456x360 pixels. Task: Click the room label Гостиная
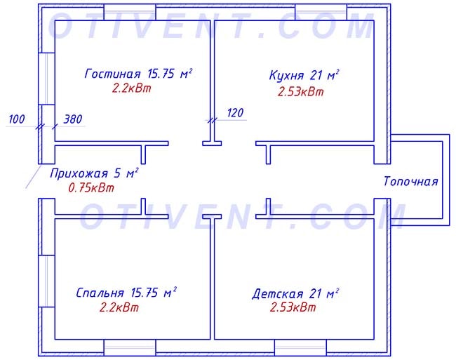112,74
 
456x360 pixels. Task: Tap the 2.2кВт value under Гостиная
132,88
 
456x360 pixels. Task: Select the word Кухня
286,75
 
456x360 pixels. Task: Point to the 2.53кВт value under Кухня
301,92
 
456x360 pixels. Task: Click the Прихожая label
79,173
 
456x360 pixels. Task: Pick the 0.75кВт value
91,188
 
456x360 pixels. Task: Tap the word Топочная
410,181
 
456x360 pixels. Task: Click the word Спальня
100,293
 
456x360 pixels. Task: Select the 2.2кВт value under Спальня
119,307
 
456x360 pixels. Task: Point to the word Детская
278,294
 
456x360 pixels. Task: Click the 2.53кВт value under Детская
293,307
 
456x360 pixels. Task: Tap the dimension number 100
17,119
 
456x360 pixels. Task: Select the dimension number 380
73,119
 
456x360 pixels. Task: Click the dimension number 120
235,113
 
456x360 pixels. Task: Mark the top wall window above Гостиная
130,12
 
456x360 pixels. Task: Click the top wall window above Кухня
321,12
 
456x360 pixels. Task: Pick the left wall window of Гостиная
46,79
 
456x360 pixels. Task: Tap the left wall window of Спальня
46,281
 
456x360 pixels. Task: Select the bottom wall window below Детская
300,347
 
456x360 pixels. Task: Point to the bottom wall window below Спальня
130,347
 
